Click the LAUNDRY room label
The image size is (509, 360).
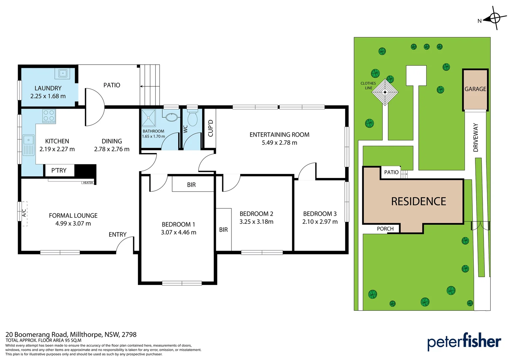tap(48, 88)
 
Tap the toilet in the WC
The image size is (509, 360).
tap(192, 118)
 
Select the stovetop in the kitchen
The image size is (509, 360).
tap(49, 116)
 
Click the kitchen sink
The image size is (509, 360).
tap(28, 145)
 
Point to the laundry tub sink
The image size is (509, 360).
tap(63, 73)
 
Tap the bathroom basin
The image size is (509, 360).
tap(172, 117)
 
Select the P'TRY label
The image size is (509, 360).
tap(59, 170)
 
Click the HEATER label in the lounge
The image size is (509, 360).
tap(88, 183)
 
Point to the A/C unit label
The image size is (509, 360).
tap(24, 213)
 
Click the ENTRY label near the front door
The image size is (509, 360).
tap(118, 235)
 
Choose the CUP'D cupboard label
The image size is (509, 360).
tap(210, 128)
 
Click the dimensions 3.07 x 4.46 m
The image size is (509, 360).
tap(179, 232)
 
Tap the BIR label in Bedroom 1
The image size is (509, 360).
tap(191, 185)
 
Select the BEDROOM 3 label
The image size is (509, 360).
tap(320, 214)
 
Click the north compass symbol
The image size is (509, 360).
tap(494, 18)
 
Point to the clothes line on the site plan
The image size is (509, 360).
tap(385, 92)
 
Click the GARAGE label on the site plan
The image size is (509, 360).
tap(475, 89)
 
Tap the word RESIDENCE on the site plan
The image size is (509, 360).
tap(418, 201)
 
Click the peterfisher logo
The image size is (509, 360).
tap(464, 342)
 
